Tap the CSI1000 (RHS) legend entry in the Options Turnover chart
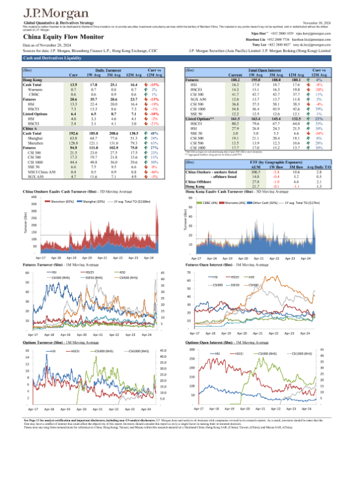137,349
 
